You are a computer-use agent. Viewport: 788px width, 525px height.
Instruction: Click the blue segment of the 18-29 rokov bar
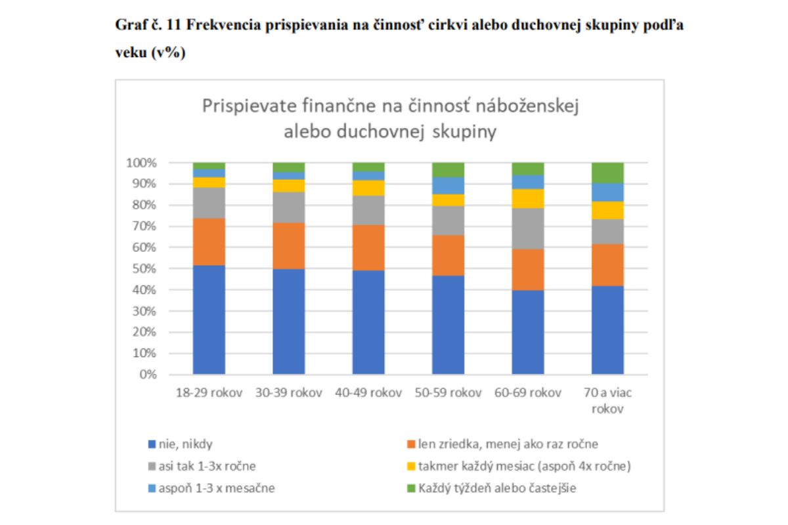(x=209, y=320)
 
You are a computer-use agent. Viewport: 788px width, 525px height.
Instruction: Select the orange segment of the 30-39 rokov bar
(x=289, y=245)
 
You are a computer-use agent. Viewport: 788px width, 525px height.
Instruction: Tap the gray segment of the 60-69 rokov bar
(x=528, y=228)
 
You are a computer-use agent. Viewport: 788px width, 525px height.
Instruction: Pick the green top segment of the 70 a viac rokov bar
(x=607, y=173)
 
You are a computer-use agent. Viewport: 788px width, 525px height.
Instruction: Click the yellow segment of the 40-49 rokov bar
(x=368, y=188)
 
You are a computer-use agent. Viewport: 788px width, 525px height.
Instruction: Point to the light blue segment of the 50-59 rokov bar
(x=449, y=185)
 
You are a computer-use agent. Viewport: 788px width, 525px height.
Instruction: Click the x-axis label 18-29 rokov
(x=209, y=393)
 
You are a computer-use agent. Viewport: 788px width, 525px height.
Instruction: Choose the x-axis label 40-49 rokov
(x=368, y=393)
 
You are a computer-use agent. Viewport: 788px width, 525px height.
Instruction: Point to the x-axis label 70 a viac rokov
(x=607, y=400)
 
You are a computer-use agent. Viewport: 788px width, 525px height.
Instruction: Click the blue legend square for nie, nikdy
(x=152, y=444)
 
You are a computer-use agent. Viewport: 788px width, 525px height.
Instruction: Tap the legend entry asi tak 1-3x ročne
(x=207, y=467)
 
